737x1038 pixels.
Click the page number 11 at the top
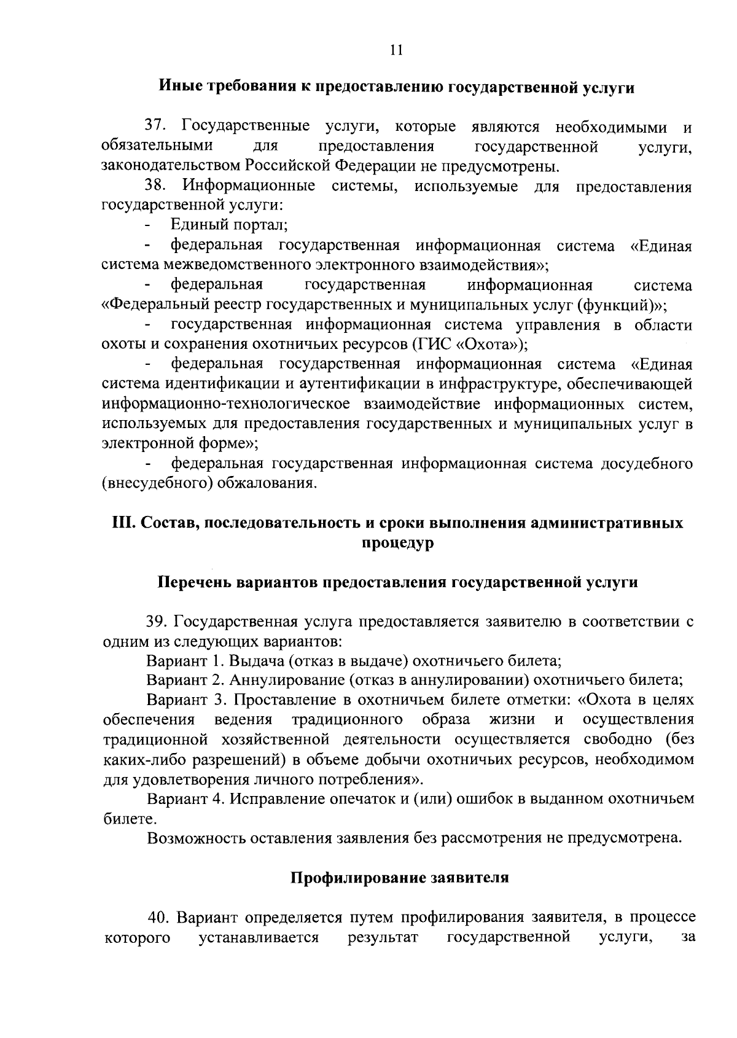coord(396,50)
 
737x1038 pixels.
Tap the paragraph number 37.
coord(155,127)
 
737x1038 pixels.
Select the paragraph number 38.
coord(155,186)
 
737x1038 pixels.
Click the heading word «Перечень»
coord(195,582)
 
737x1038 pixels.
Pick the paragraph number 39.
coord(157,622)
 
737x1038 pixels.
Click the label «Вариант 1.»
coord(185,661)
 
